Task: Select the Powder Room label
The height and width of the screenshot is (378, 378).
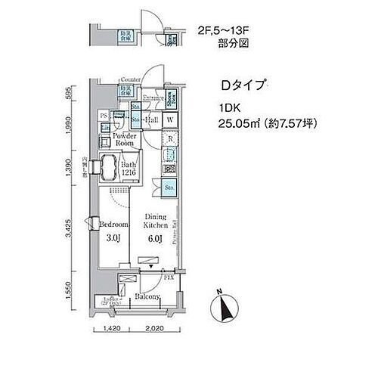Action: tap(124, 139)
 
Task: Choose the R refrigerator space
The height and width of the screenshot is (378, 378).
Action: tap(171, 138)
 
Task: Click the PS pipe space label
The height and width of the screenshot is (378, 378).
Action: tap(104, 116)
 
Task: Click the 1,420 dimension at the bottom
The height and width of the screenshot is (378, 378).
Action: tap(111, 330)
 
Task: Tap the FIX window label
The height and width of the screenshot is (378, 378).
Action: tap(171, 279)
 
